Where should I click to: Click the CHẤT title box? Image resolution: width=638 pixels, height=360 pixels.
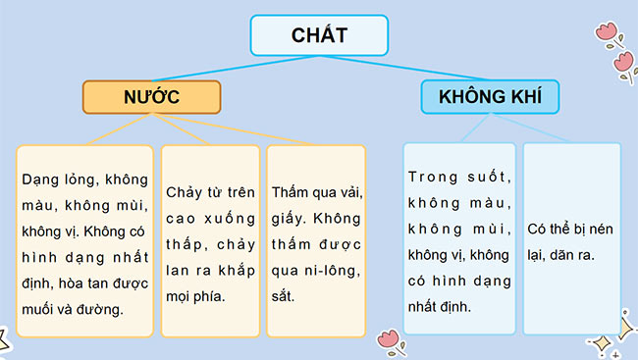[319, 35]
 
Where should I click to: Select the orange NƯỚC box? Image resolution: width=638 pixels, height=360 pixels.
[152, 97]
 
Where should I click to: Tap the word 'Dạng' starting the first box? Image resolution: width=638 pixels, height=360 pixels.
[41, 180]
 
